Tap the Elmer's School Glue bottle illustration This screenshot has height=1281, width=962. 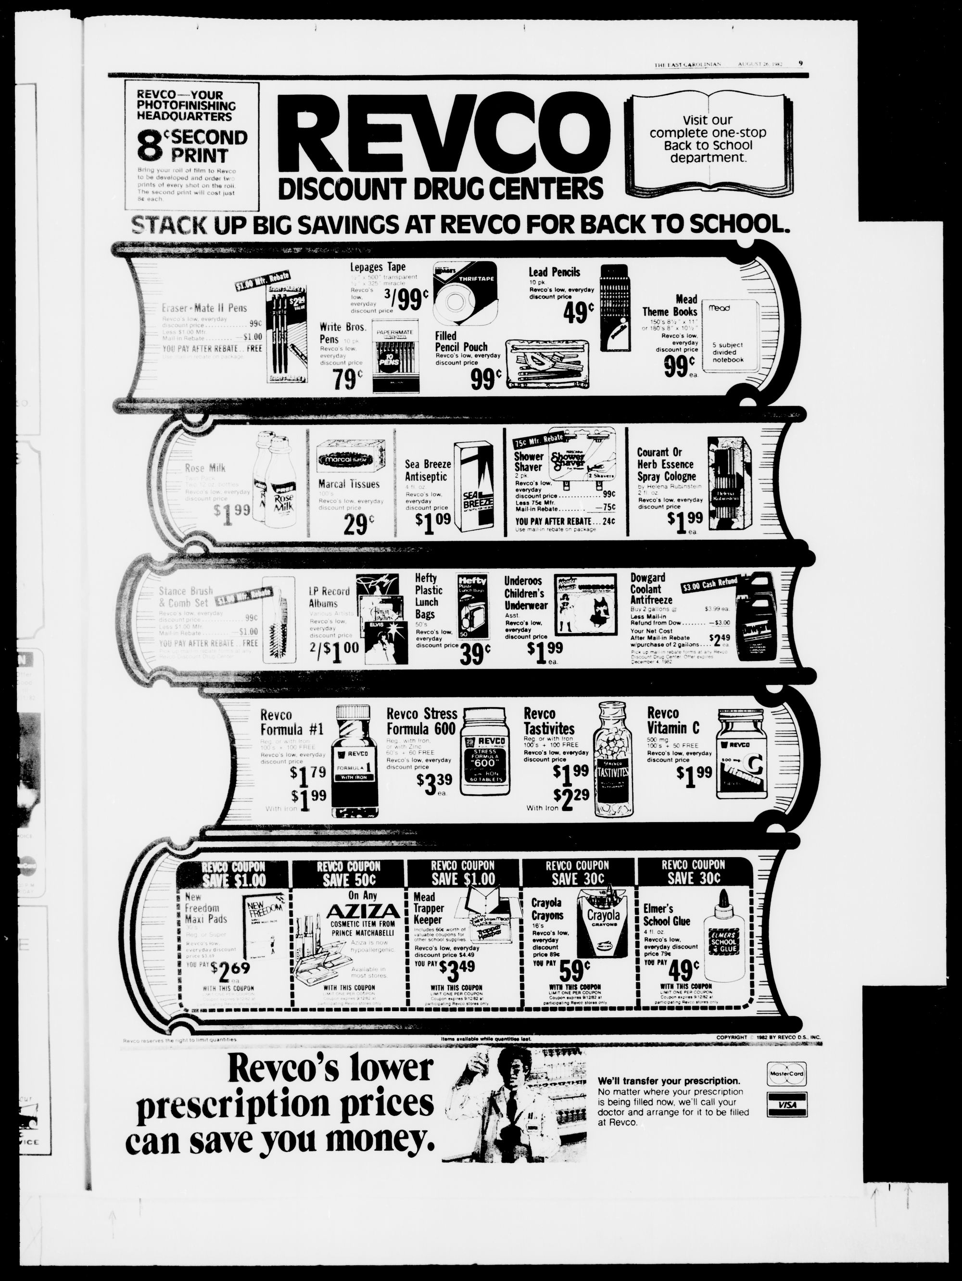pyautogui.click(x=721, y=937)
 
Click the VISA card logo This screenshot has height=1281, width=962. pyautogui.click(x=786, y=1105)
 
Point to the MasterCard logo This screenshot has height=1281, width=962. pyautogui.click(x=786, y=1074)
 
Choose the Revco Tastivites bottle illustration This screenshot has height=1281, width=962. pyautogui.click(x=613, y=758)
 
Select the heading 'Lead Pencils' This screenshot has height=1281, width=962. pyautogui.click(x=554, y=272)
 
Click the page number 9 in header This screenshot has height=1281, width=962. pyautogui.click(x=800, y=64)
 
